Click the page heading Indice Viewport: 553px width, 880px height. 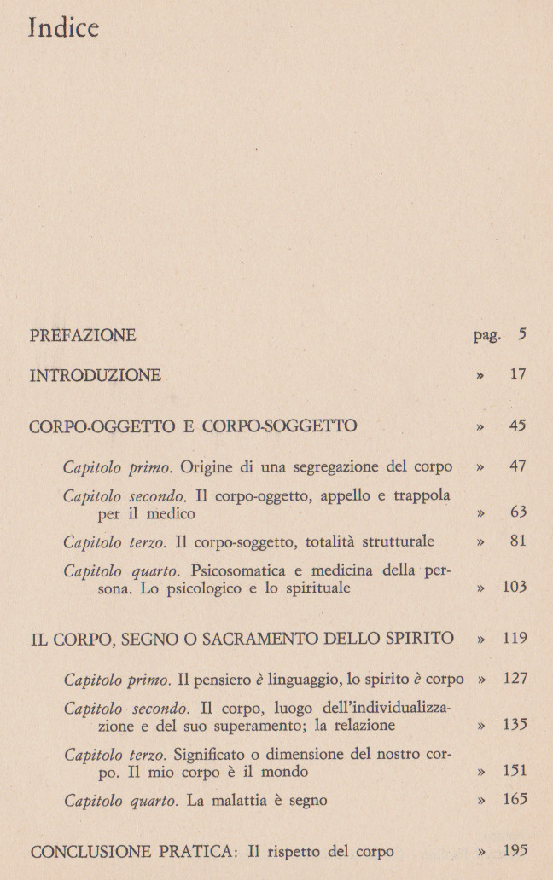tap(64, 29)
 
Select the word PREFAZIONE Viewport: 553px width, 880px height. tap(83, 335)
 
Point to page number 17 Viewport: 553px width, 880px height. tap(517, 374)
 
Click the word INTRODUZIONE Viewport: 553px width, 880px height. tap(96, 375)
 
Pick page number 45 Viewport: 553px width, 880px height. tap(517, 425)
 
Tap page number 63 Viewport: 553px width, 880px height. tap(517, 512)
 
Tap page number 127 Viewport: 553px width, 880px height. tap(514, 679)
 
